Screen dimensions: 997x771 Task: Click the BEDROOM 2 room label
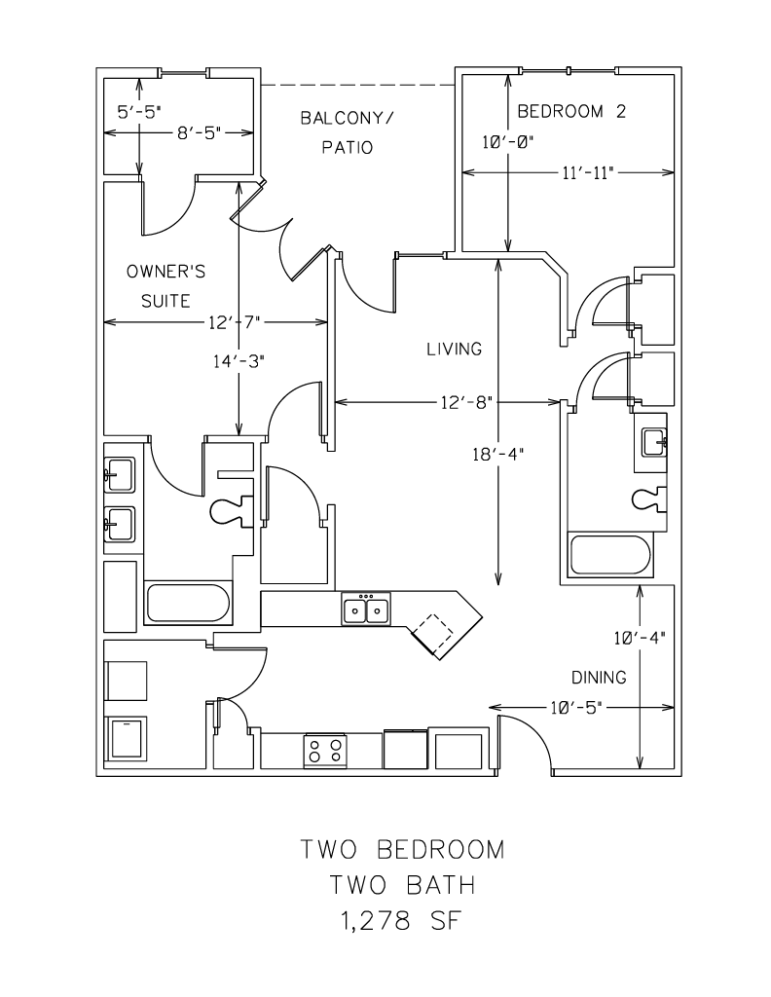click(x=570, y=111)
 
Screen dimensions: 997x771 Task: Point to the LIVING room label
click(x=454, y=349)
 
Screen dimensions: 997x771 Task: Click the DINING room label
click(x=599, y=677)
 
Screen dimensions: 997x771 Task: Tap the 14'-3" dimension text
click(x=239, y=359)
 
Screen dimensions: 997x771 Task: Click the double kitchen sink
click(x=366, y=609)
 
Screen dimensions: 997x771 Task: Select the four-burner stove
click(x=326, y=750)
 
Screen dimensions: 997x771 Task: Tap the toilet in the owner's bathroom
click(x=233, y=508)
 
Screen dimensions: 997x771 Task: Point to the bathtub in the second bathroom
click(x=609, y=555)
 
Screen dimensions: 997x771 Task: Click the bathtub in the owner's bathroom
click(x=188, y=603)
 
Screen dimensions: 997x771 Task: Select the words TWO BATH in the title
click(x=402, y=885)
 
